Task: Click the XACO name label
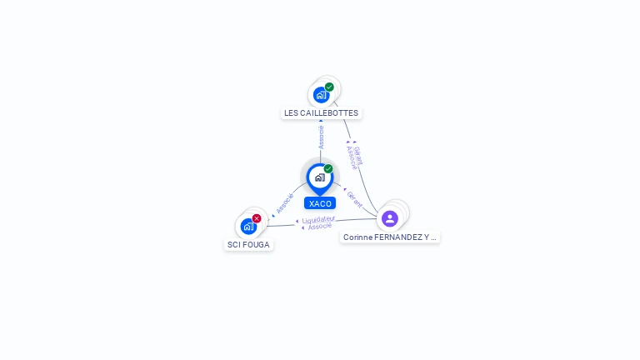click(320, 203)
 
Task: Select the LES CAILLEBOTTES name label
click(321, 112)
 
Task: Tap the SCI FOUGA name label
click(248, 245)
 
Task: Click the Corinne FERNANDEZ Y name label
click(390, 237)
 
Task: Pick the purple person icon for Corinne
click(390, 218)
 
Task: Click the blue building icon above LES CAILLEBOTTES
click(321, 95)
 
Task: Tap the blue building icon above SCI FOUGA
click(248, 226)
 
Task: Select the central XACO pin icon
click(319, 177)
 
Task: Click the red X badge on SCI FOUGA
click(257, 218)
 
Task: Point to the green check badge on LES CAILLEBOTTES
click(329, 87)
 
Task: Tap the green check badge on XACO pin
click(328, 169)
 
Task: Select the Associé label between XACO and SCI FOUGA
click(285, 204)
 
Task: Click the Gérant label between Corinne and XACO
click(354, 199)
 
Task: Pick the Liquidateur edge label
click(318, 219)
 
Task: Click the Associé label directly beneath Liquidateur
click(320, 227)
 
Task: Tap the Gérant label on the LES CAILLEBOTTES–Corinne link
click(357, 155)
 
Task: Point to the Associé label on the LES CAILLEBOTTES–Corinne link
click(351, 157)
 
